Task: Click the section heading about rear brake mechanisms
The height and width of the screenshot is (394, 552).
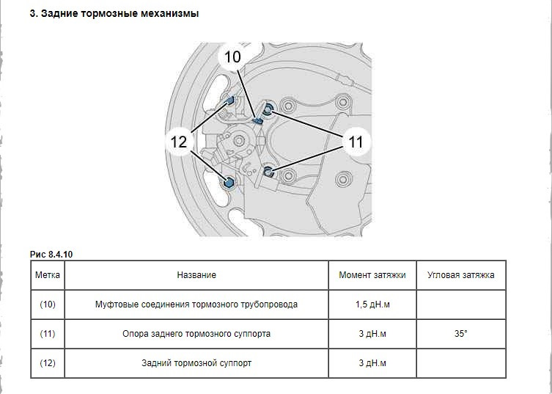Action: click(114, 13)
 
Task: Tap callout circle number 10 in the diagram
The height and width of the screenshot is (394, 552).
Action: click(232, 57)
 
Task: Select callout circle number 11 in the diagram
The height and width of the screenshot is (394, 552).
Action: click(356, 142)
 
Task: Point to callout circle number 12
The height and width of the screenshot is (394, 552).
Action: click(179, 142)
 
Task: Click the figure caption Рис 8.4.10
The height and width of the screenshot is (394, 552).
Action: click(51, 254)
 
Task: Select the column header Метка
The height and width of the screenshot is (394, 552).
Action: click(48, 275)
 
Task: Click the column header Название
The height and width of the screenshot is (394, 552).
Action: click(196, 275)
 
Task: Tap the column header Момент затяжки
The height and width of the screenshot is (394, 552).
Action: click(372, 275)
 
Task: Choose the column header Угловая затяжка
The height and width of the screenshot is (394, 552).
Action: click(460, 275)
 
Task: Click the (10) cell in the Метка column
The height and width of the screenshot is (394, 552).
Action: click(48, 304)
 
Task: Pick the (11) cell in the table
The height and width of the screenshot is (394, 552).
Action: click(48, 333)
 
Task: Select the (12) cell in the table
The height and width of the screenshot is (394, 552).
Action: click(48, 362)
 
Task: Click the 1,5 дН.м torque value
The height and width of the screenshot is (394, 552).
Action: click(372, 304)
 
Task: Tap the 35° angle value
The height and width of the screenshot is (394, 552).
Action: click(460, 333)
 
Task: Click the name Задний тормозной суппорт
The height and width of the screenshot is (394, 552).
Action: click(196, 362)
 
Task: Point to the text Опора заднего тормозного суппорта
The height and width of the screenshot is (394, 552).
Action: click(196, 333)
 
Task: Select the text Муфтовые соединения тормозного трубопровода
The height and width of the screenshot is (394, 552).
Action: click(196, 304)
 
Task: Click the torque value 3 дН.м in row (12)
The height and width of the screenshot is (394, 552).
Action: click(372, 362)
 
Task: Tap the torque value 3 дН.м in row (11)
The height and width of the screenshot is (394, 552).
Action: click(372, 333)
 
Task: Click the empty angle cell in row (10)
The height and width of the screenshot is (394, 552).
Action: click(460, 304)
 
